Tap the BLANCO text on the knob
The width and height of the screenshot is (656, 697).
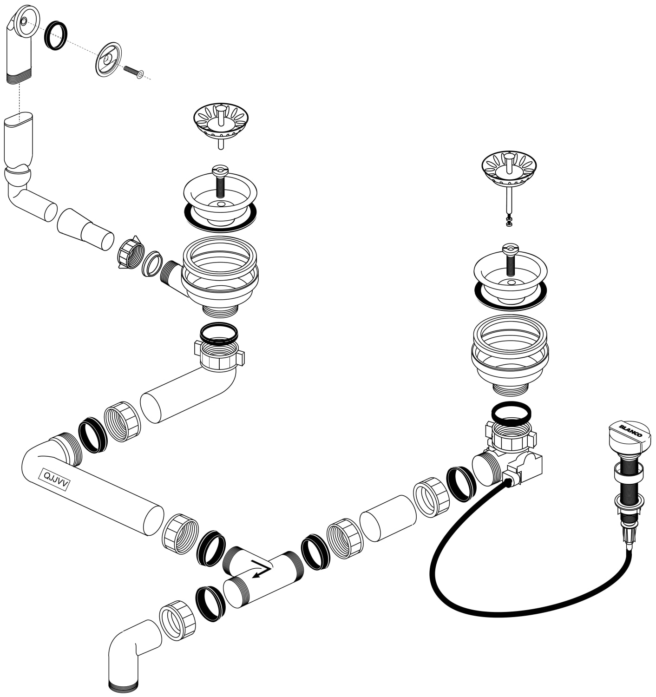click(x=630, y=431)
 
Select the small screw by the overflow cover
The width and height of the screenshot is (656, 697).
click(x=133, y=72)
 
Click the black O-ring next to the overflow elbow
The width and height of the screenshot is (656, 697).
click(x=56, y=35)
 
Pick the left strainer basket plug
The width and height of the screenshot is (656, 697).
click(x=221, y=125)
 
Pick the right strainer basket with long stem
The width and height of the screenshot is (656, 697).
click(x=509, y=183)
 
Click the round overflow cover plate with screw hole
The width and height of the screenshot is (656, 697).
click(x=108, y=59)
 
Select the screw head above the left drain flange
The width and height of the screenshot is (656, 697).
click(x=220, y=171)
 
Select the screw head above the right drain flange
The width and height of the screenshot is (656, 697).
click(x=510, y=249)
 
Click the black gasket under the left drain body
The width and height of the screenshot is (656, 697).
click(x=219, y=333)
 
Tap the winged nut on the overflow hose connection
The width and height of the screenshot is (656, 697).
click(x=130, y=253)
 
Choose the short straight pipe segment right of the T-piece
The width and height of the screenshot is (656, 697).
click(x=388, y=518)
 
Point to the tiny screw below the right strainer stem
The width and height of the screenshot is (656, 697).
click(x=509, y=222)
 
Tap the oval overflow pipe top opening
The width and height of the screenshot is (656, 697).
click(x=19, y=118)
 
